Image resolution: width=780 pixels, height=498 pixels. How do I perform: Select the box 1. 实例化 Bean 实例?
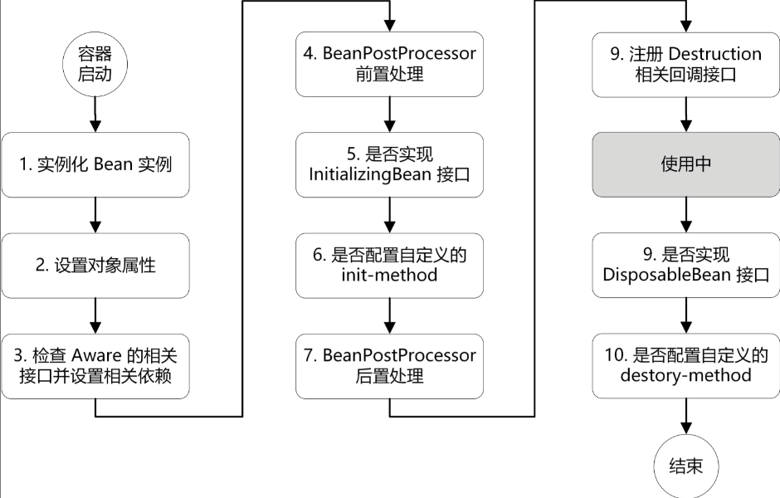click(x=95, y=164)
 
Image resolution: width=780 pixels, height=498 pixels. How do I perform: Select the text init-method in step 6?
click(x=389, y=275)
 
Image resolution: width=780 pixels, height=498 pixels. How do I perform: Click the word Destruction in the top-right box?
click(x=714, y=54)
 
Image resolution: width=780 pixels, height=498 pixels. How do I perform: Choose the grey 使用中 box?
click(x=685, y=164)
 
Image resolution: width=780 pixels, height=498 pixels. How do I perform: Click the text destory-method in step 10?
click(x=685, y=375)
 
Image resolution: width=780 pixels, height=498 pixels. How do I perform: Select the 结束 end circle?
click(x=685, y=465)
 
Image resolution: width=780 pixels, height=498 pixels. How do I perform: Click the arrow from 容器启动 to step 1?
click(x=95, y=113)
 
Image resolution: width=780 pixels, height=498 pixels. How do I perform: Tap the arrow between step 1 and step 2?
click(x=95, y=215)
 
